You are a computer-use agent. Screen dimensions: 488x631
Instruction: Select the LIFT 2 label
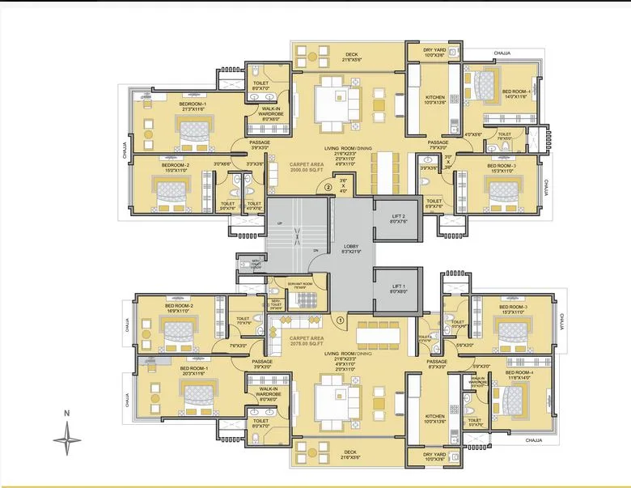point(399,216)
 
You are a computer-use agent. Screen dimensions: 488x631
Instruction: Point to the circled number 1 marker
point(341,320)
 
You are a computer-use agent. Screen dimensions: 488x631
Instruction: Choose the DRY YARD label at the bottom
point(433,455)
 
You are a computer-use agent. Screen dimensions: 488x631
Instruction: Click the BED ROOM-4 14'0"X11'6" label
point(515,93)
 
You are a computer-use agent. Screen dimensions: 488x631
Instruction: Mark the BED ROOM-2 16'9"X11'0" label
point(180,308)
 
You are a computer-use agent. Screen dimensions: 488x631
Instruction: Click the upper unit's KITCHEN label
point(435,100)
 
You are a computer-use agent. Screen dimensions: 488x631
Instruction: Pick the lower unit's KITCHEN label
point(434,418)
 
